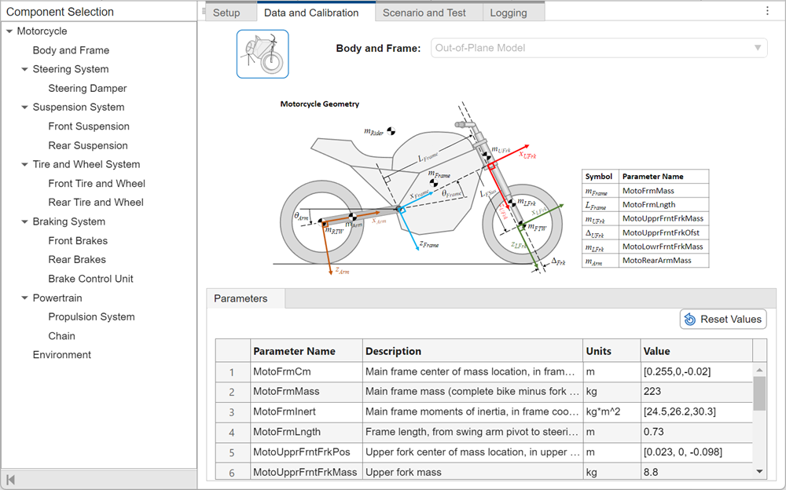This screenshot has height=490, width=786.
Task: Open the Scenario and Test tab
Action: pyautogui.click(x=424, y=13)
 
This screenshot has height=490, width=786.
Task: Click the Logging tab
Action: pyautogui.click(x=509, y=13)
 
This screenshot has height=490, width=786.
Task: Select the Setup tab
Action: pyautogui.click(x=226, y=13)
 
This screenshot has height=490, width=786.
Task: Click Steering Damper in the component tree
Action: pyautogui.click(x=87, y=89)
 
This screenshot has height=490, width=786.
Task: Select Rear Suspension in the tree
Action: pyautogui.click(x=87, y=145)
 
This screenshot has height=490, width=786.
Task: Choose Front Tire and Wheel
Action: pyautogui.click(x=97, y=184)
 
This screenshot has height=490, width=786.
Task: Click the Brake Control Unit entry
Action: pyautogui.click(x=90, y=279)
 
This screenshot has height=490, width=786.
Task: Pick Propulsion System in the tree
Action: pyautogui.click(x=91, y=317)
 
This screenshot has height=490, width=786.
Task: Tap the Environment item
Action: pyautogui.click(x=62, y=355)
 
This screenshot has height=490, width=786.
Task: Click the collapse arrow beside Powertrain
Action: pyautogui.click(x=25, y=298)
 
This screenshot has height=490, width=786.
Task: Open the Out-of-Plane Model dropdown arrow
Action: pyautogui.click(x=758, y=48)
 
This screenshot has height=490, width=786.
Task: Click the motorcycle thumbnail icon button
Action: pyautogui.click(x=263, y=54)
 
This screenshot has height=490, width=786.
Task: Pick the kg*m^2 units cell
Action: pyautogui.click(x=609, y=411)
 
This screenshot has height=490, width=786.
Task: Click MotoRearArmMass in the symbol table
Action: pyautogui.click(x=657, y=260)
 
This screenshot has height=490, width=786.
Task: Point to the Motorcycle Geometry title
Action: pyautogui.click(x=319, y=104)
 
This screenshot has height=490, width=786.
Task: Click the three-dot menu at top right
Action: pyautogui.click(x=767, y=11)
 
